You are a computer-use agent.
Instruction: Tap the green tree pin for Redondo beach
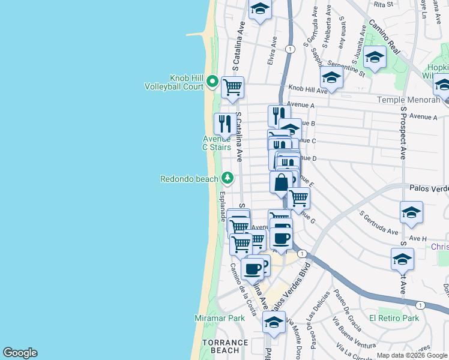tap(228, 178)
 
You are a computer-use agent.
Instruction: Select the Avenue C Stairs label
tap(216, 143)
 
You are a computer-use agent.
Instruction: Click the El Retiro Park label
tap(394, 318)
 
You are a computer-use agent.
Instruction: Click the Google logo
tap(20, 353)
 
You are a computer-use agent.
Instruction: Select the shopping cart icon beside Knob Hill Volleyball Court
tap(232, 88)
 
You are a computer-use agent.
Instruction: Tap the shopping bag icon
tap(281, 182)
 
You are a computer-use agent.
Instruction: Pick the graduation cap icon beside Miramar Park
tap(274, 322)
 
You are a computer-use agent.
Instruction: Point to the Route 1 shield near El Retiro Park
tap(421, 305)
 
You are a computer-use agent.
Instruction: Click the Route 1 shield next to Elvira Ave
tap(291, 49)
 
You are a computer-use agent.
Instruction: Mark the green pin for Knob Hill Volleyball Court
tap(212, 81)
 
